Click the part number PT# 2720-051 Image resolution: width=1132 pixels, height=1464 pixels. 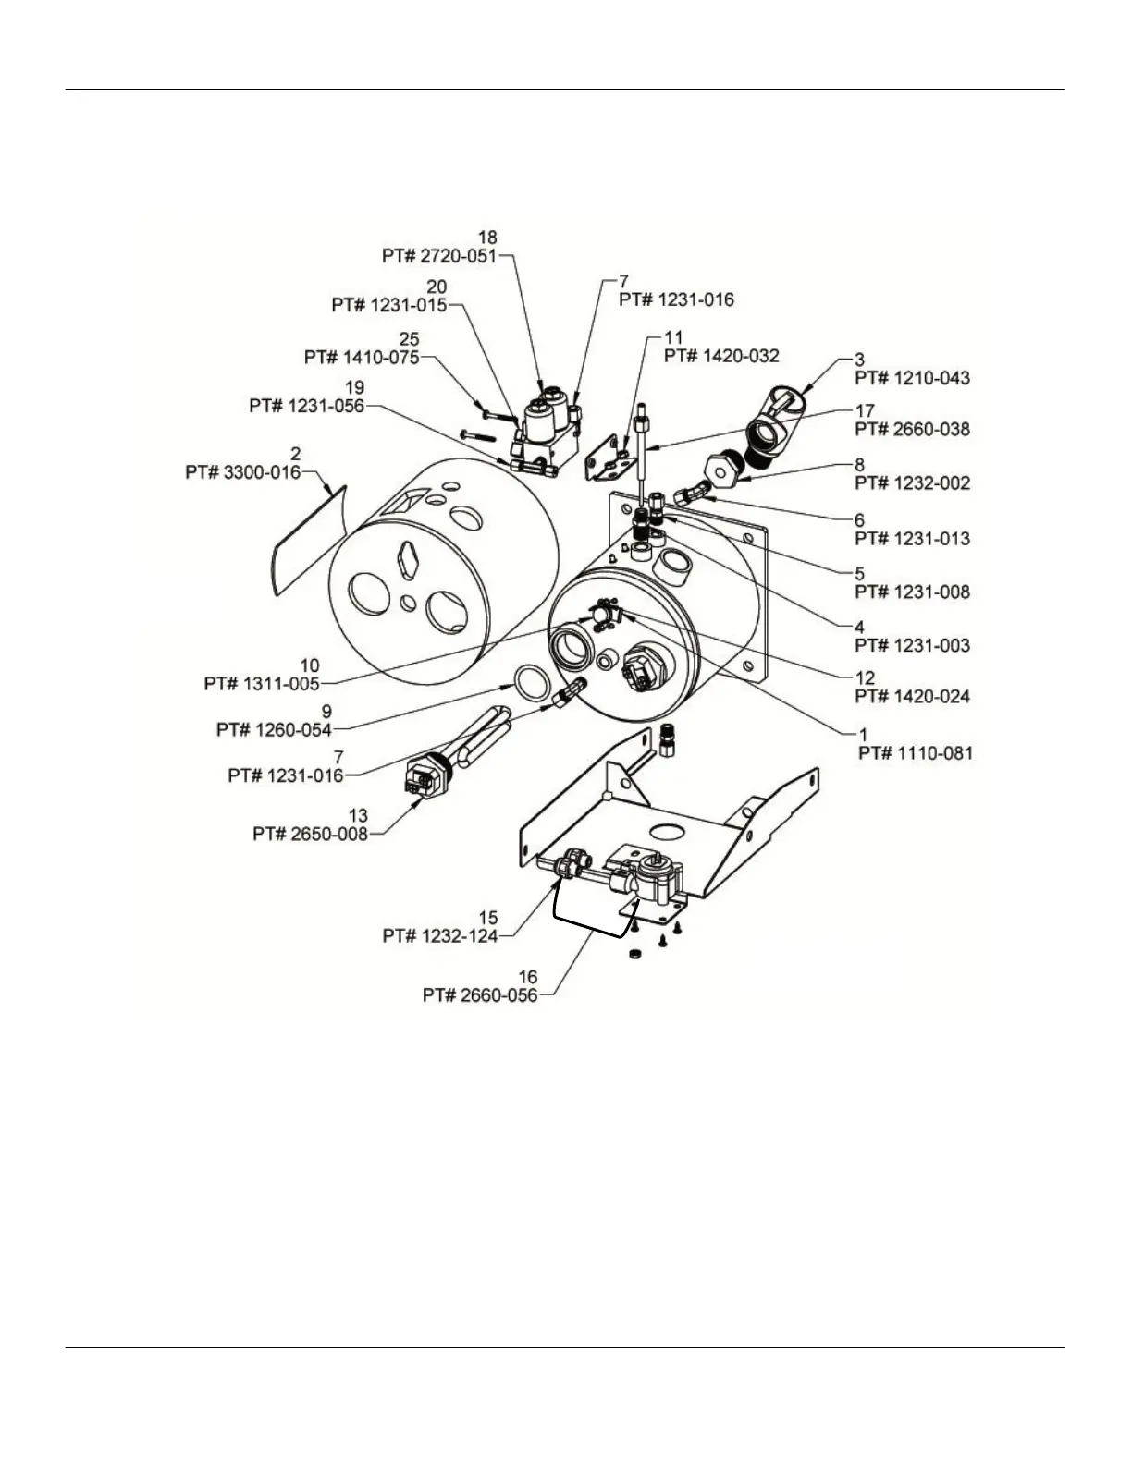(439, 256)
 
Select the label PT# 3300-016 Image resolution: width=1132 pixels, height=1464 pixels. (242, 472)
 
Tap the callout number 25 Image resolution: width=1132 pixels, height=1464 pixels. (409, 340)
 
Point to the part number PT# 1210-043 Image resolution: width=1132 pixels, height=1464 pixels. (913, 378)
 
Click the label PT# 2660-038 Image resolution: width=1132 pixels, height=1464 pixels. (913, 430)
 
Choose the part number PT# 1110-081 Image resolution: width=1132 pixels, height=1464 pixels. (916, 754)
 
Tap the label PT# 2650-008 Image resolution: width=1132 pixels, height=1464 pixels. (310, 834)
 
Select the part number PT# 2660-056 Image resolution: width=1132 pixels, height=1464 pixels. (480, 996)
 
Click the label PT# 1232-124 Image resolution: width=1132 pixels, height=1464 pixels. (440, 936)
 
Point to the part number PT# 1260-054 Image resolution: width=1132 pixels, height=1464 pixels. (274, 730)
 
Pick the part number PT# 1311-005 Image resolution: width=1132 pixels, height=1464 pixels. (261, 684)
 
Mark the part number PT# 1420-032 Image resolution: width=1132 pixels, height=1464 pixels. (721, 356)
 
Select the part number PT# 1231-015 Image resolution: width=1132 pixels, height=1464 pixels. (389, 305)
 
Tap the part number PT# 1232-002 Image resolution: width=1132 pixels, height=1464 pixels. (913, 483)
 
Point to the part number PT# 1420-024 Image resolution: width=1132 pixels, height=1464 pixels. (913, 696)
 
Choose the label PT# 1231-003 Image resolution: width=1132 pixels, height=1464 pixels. (913, 645)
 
